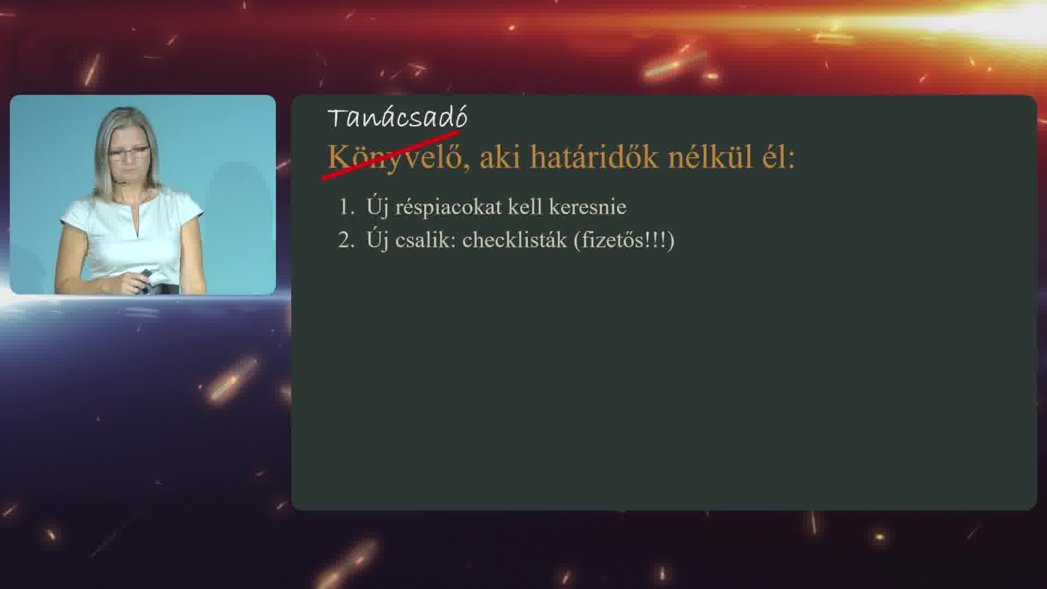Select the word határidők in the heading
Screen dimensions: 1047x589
pyautogui.click(x=594, y=157)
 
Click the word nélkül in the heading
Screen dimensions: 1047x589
pyautogui.click(x=711, y=157)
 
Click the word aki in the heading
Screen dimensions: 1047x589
pyautogui.click(x=500, y=157)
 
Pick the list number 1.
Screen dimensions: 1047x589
pyautogui.click(x=347, y=207)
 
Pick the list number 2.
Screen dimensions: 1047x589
pyautogui.click(x=347, y=240)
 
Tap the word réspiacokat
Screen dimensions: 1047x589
pyautogui.click(x=448, y=207)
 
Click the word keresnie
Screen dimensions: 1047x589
pyautogui.click(x=587, y=207)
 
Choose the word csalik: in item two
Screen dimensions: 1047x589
pyautogui.click(x=425, y=240)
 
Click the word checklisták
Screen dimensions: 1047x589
pyautogui.click(x=515, y=240)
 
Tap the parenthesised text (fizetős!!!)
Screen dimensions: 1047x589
pyautogui.click(x=624, y=240)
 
